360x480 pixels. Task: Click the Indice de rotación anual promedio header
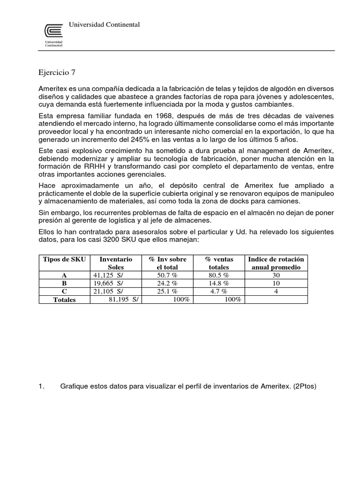tap(276, 263)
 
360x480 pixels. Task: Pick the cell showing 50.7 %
tap(167, 276)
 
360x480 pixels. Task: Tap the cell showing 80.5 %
tap(219, 276)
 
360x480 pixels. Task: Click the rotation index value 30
tap(276, 276)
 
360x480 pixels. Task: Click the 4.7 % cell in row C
tap(219, 291)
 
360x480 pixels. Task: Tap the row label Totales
tap(64, 300)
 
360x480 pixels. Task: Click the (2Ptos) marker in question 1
tap(305, 386)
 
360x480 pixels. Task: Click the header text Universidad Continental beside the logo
tap(104, 24)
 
